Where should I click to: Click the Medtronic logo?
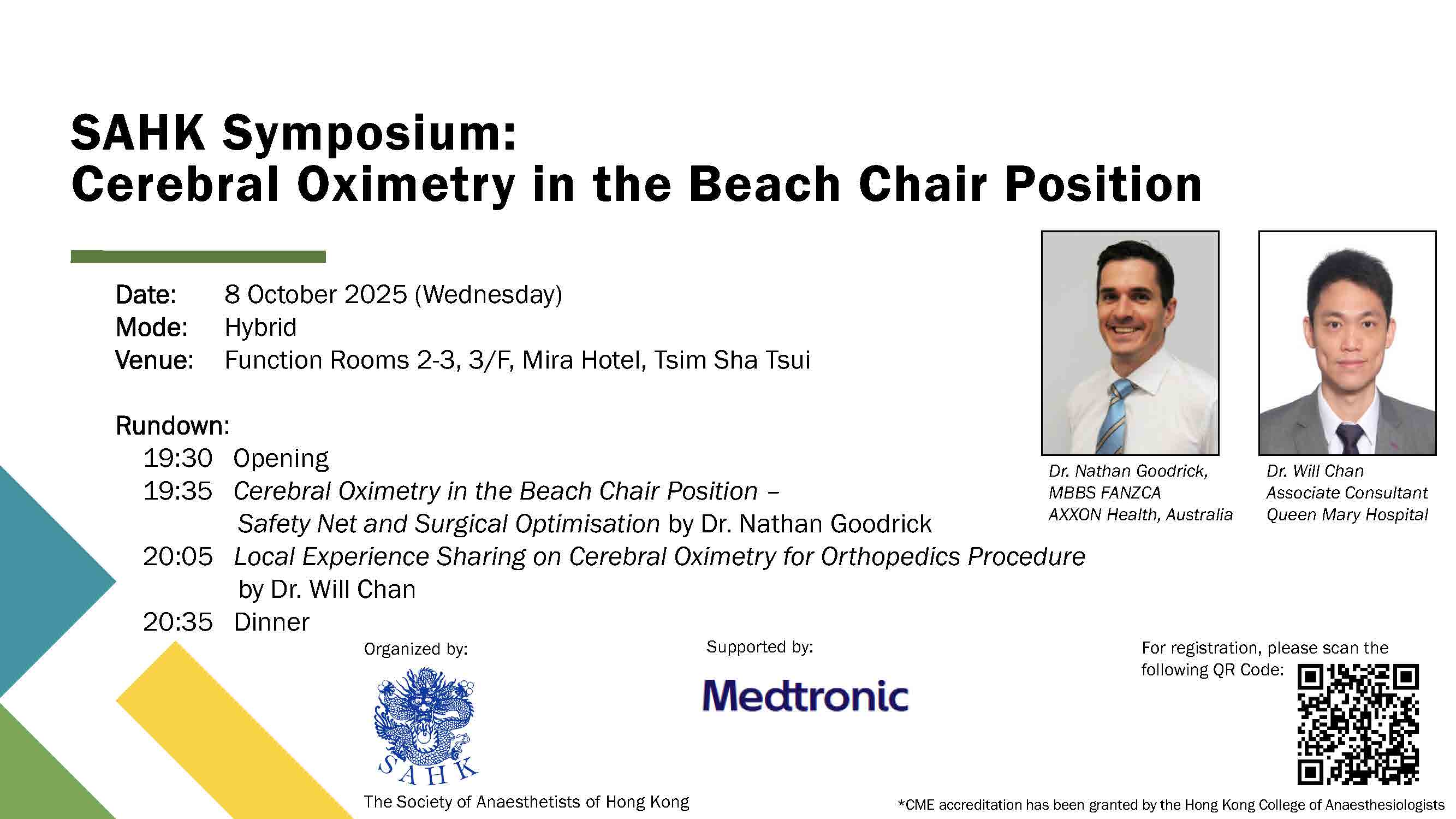[805, 695]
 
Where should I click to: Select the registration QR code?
[1358, 725]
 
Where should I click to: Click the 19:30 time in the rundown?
[177, 459]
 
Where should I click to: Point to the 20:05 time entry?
[177, 557]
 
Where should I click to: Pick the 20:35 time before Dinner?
[177, 622]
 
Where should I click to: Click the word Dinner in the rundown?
[272, 622]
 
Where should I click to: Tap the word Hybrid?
[260, 327]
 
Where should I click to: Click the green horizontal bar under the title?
[198, 257]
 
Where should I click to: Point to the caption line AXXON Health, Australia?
[1140, 515]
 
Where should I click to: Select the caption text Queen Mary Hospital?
[1347, 515]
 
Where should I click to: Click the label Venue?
[154, 360]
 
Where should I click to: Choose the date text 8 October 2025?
[316, 294]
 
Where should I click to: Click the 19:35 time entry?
[177, 491]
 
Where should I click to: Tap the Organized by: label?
[416, 649]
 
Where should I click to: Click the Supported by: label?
[759, 647]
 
